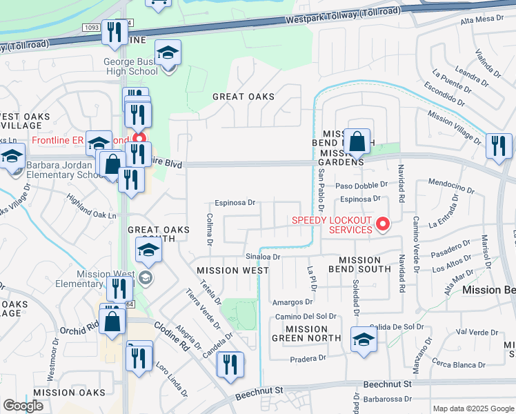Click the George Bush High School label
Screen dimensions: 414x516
[x=131, y=66]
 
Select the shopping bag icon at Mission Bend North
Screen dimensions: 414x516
[x=357, y=143]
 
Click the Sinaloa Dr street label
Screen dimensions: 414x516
[x=263, y=256]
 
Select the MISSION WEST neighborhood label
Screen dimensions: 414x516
[x=232, y=270]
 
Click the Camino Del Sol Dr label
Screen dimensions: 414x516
[x=306, y=316]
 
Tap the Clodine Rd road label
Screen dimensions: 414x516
[x=172, y=330]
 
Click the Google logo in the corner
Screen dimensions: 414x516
[x=23, y=406]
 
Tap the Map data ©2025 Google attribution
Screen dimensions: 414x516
[x=473, y=408]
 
